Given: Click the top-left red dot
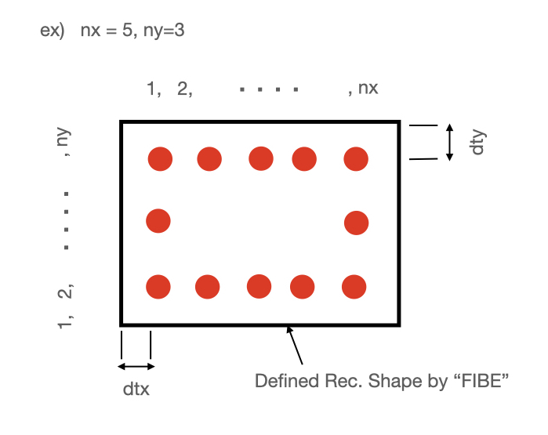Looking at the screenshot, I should point(160,159).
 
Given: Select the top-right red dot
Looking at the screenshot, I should point(356,159).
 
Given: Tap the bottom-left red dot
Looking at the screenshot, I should point(158,287).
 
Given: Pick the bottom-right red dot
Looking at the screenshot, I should point(354,287).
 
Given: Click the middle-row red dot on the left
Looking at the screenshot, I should point(158,221).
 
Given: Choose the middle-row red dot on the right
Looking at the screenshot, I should point(357,223).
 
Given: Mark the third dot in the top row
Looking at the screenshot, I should point(261,158).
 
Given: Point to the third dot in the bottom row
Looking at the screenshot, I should point(259,286).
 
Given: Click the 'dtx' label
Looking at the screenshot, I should point(135,387).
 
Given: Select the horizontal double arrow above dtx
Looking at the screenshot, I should point(136,366).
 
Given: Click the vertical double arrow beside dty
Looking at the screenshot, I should point(449,142).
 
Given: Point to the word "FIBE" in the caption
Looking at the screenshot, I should point(486,381).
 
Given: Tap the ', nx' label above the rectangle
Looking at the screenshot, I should point(363,88).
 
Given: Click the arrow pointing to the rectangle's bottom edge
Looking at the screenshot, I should point(296,345).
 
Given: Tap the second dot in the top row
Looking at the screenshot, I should point(209,159).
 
